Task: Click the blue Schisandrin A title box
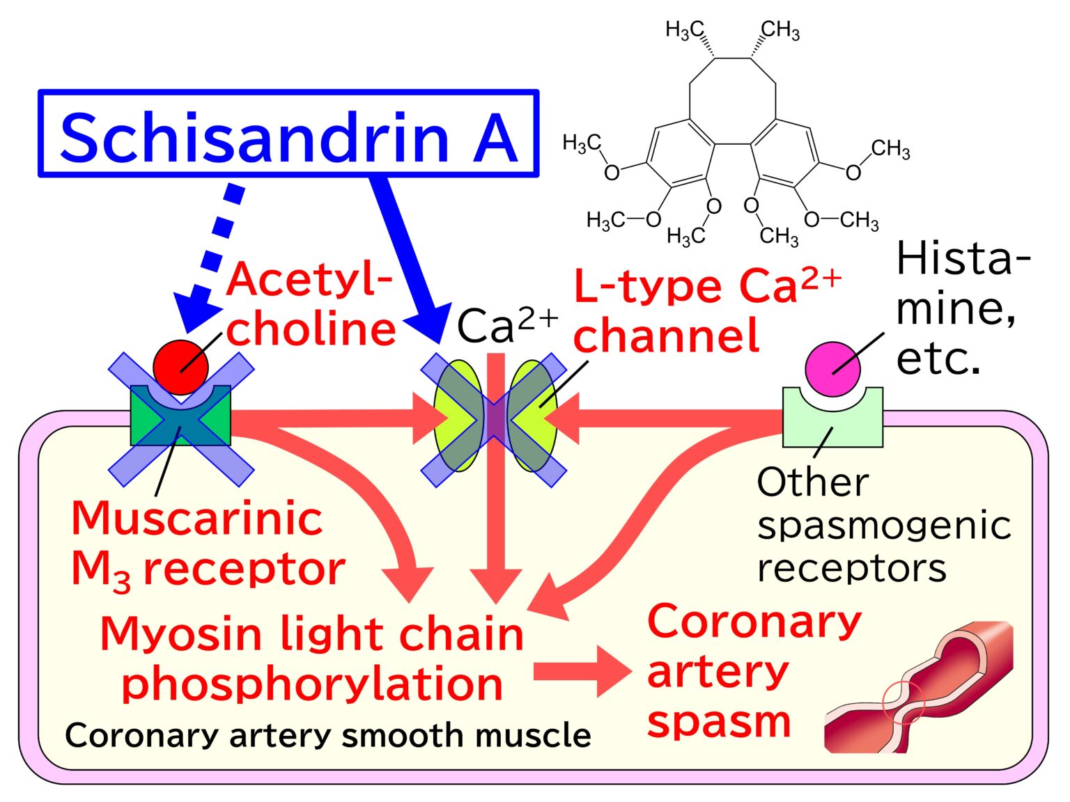point(288,133)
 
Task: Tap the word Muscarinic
point(196,519)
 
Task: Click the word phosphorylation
point(312,684)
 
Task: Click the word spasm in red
point(719,721)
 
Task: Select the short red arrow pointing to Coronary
point(582,671)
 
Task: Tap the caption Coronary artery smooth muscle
point(327,735)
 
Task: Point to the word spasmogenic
point(883,526)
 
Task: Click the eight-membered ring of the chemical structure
point(732,101)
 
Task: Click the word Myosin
point(181,634)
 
